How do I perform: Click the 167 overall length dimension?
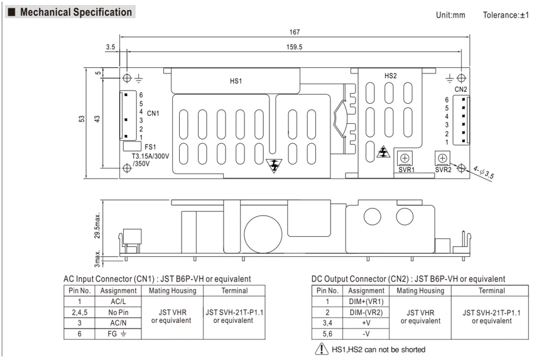tap(294, 32)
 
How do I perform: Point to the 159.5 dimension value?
tap(294, 47)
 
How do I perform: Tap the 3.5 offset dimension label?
tap(111, 47)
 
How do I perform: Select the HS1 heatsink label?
tap(236, 81)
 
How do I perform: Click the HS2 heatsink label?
tap(390, 76)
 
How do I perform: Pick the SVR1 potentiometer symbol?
tap(405, 158)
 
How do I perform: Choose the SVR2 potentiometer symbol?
tap(442, 158)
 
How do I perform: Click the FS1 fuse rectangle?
tap(132, 146)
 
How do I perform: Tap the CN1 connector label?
tap(153, 114)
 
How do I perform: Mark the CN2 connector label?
tap(460, 89)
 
